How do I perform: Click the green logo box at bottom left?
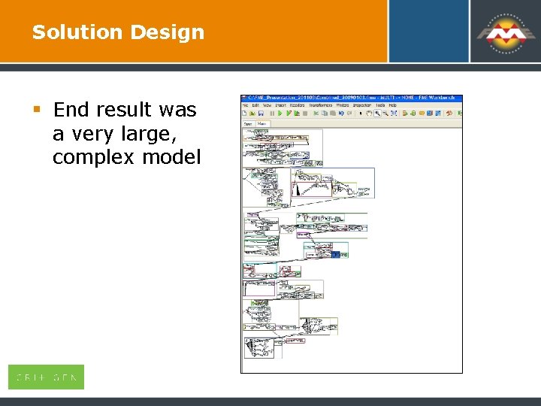pyautogui.click(x=46, y=377)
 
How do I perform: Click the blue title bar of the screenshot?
pyautogui.click(x=351, y=98)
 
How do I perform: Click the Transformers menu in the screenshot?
pyautogui.click(x=322, y=105)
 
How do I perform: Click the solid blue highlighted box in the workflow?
pyautogui.click(x=336, y=254)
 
